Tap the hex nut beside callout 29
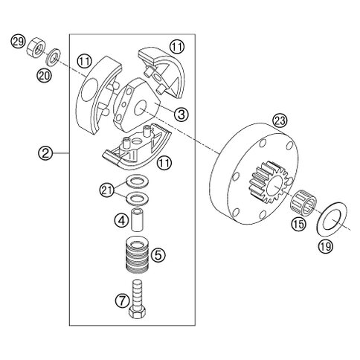pyautogui.click(x=36, y=48)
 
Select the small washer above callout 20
pyautogui.click(x=54, y=57)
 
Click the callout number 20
pyautogui.click(x=44, y=75)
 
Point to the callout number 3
pyautogui.click(x=181, y=115)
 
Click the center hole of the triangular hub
pyautogui.click(x=141, y=109)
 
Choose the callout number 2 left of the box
pyautogui.click(x=45, y=153)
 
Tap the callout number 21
pyautogui.click(x=106, y=190)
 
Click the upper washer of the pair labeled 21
pyautogui.click(x=137, y=182)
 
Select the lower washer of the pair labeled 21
pyautogui.click(x=137, y=199)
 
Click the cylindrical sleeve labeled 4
pyautogui.click(x=138, y=220)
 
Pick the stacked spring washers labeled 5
pyautogui.click(x=137, y=254)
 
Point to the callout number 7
pyautogui.click(x=122, y=301)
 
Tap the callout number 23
pyautogui.click(x=280, y=121)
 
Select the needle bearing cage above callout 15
pyautogui.click(x=303, y=202)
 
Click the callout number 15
pyautogui.click(x=299, y=224)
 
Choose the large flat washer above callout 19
pyautogui.click(x=332, y=219)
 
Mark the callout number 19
pyautogui.click(x=326, y=246)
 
